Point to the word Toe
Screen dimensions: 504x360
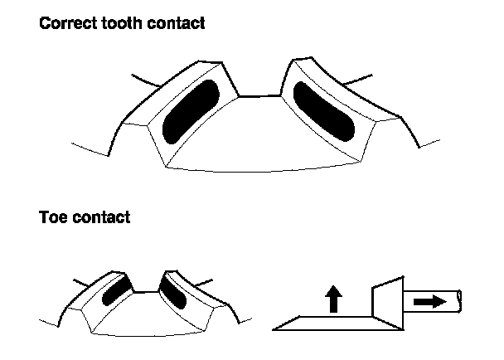tap(53, 219)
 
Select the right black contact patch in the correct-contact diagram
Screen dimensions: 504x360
tap(324, 110)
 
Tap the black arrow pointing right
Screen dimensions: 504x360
tap(429, 303)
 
